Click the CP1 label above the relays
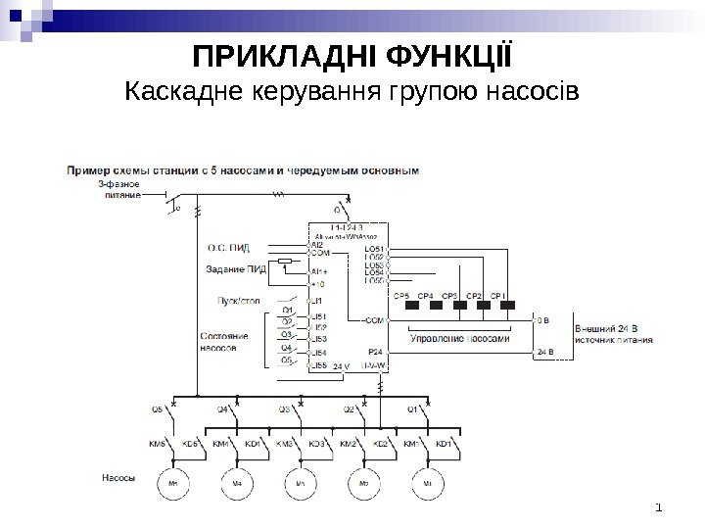coord(497,294)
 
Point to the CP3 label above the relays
coord(449,294)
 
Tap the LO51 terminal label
coord(375,250)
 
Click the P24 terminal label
coord(374,350)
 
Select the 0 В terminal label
coord(542,319)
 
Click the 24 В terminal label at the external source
coord(544,350)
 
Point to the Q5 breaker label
coord(157,409)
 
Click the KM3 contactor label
coord(285,444)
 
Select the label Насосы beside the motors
coord(119,478)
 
